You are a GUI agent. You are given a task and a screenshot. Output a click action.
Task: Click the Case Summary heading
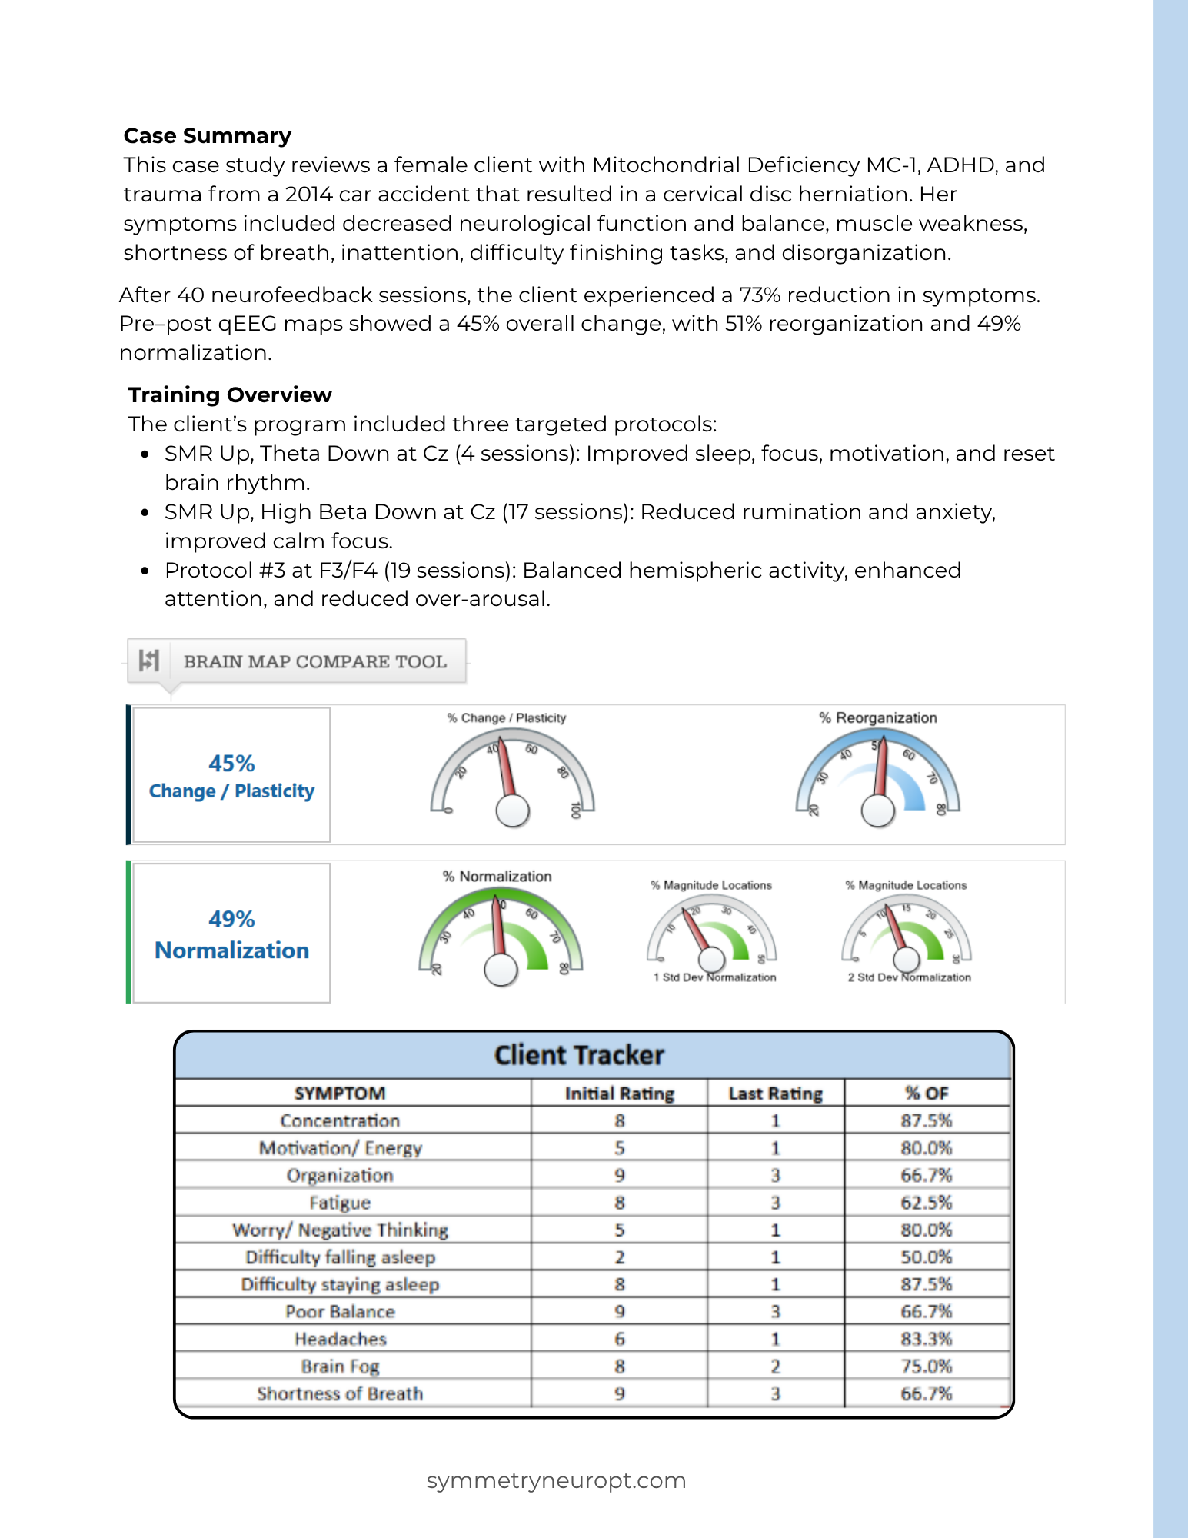[207, 136]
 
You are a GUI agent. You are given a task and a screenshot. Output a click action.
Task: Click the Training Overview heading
[229, 395]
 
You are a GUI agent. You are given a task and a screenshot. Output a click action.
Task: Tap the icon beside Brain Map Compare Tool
[149, 661]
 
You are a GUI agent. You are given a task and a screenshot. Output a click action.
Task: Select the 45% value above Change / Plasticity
[231, 764]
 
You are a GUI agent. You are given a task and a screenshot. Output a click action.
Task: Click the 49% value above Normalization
[231, 919]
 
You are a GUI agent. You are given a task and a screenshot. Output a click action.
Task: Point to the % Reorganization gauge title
[877, 718]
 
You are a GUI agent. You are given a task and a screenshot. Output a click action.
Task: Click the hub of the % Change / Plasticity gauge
[513, 811]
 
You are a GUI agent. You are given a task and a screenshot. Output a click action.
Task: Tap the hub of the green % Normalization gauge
[501, 970]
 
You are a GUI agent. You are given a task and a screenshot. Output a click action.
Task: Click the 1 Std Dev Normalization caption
[714, 977]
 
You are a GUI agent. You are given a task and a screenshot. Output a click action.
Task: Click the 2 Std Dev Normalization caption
[909, 977]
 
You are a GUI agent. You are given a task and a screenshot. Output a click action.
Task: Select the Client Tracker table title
[579, 1055]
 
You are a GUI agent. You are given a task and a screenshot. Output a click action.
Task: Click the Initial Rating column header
[619, 1094]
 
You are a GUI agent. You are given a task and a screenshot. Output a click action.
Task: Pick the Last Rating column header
[775, 1094]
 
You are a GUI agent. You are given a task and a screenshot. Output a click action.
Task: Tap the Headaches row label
[340, 1339]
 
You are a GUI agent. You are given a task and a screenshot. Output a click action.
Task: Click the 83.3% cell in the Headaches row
[926, 1339]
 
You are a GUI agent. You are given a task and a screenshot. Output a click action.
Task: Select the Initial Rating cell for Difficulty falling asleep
[619, 1257]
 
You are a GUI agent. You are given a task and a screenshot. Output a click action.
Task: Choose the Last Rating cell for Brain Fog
[775, 1367]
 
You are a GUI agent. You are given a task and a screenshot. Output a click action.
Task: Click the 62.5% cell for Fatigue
[926, 1203]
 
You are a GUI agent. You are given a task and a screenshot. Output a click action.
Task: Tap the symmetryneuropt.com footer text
[556, 1480]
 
